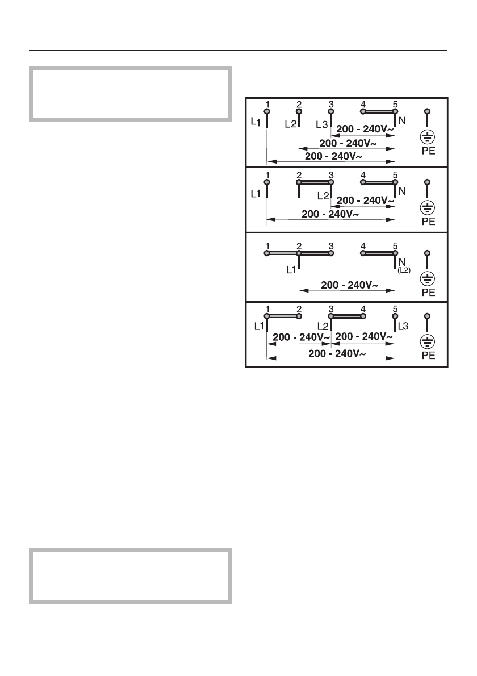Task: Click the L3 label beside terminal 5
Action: (x=403, y=327)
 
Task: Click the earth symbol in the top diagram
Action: (x=428, y=136)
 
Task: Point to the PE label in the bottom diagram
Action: (x=428, y=356)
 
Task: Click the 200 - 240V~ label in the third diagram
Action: (x=347, y=285)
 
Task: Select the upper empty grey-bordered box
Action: (x=131, y=94)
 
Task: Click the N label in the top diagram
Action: (x=402, y=120)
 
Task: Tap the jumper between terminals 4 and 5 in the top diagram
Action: (x=378, y=112)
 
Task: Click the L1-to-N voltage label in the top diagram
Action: (x=331, y=156)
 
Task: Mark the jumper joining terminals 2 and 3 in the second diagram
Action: (x=315, y=183)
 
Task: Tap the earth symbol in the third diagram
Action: (x=428, y=278)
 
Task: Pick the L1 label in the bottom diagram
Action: (x=259, y=327)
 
